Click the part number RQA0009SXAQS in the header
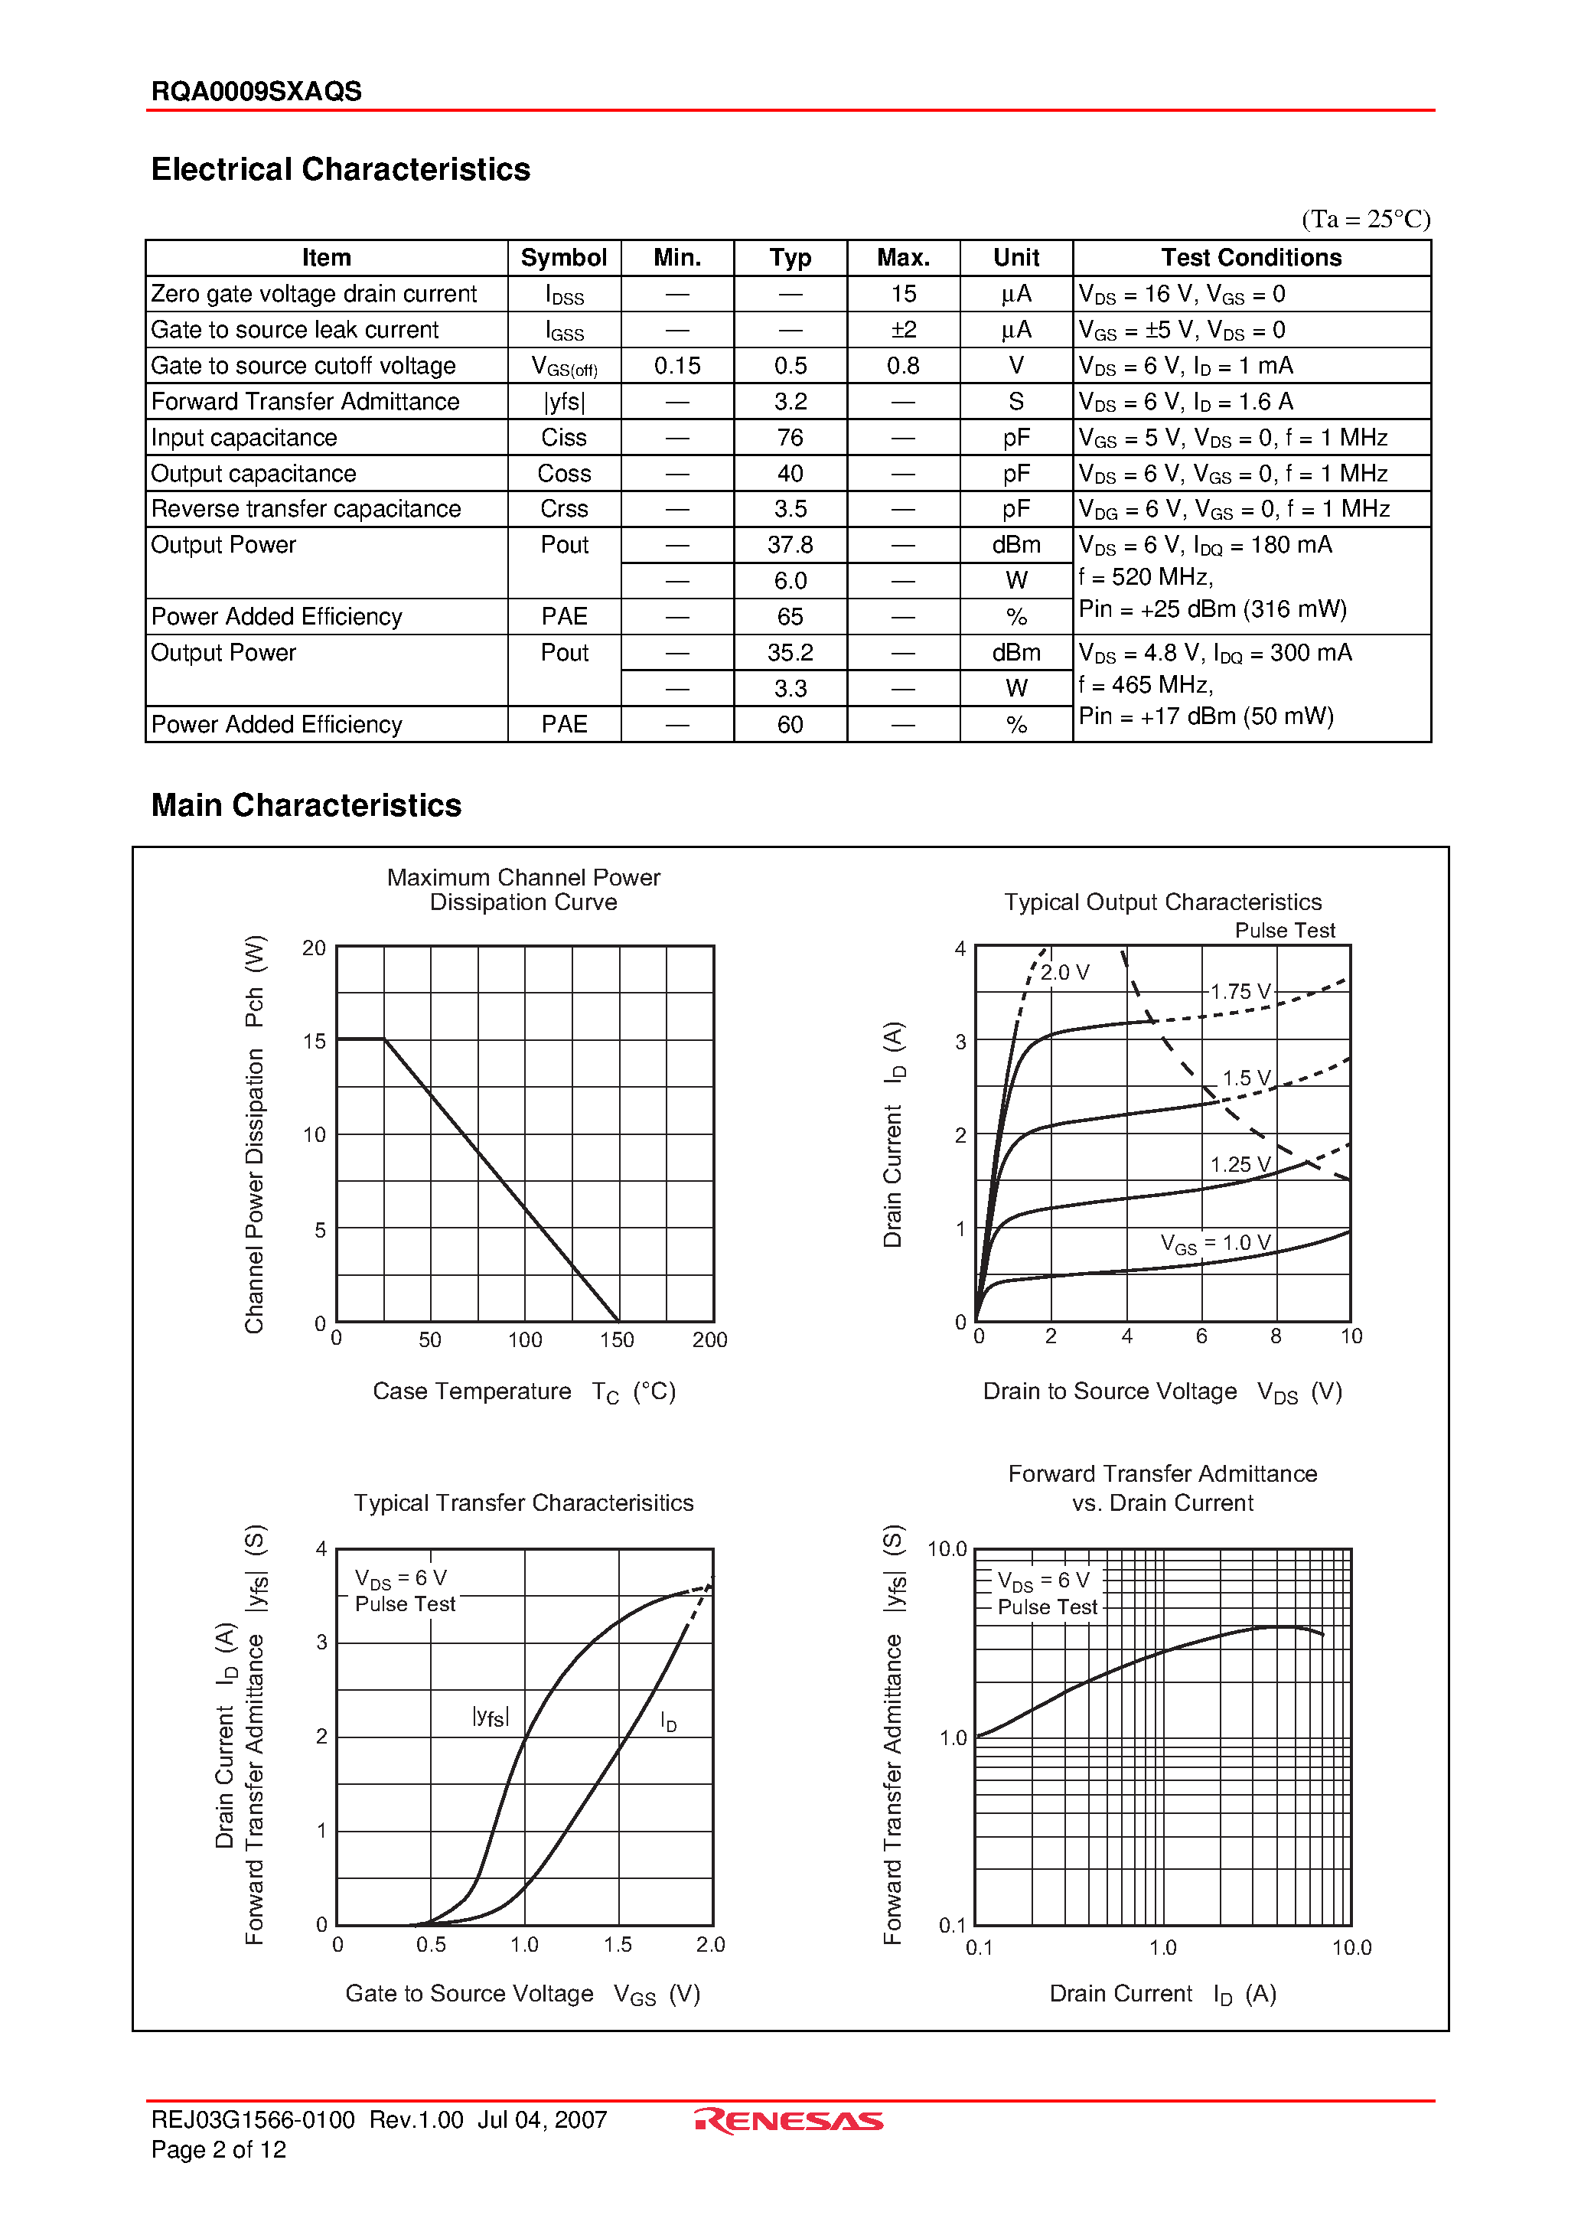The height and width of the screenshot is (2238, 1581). (256, 92)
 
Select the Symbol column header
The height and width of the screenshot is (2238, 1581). (563, 257)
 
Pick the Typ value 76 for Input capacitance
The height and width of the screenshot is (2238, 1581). (790, 438)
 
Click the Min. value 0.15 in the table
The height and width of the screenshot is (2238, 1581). (676, 366)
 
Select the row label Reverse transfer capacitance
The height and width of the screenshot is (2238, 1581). (306, 509)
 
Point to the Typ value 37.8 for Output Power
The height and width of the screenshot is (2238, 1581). (790, 545)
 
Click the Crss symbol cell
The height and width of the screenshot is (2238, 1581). (563, 509)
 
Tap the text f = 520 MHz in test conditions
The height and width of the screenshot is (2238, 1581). (1146, 577)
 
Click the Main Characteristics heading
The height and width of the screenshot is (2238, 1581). (306, 805)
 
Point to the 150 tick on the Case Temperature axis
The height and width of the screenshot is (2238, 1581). (616, 1339)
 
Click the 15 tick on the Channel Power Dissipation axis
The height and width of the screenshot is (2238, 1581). (314, 1041)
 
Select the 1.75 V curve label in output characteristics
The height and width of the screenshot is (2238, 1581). (1240, 991)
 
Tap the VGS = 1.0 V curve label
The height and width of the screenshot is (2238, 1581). (1214, 1243)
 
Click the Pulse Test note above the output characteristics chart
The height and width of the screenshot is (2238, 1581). (1284, 930)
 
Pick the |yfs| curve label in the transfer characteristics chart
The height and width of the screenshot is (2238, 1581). (491, 1717)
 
